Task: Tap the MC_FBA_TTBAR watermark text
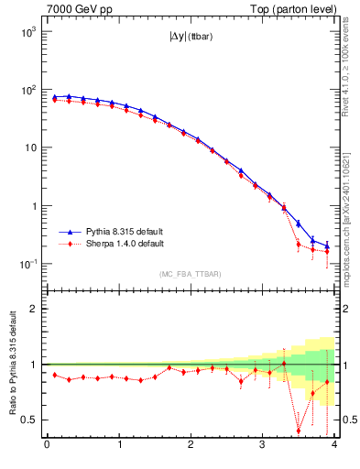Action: [191, 274]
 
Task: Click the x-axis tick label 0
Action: [47, 445]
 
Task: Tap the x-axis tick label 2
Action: [191, 445]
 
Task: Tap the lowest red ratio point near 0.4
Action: [299, 431]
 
